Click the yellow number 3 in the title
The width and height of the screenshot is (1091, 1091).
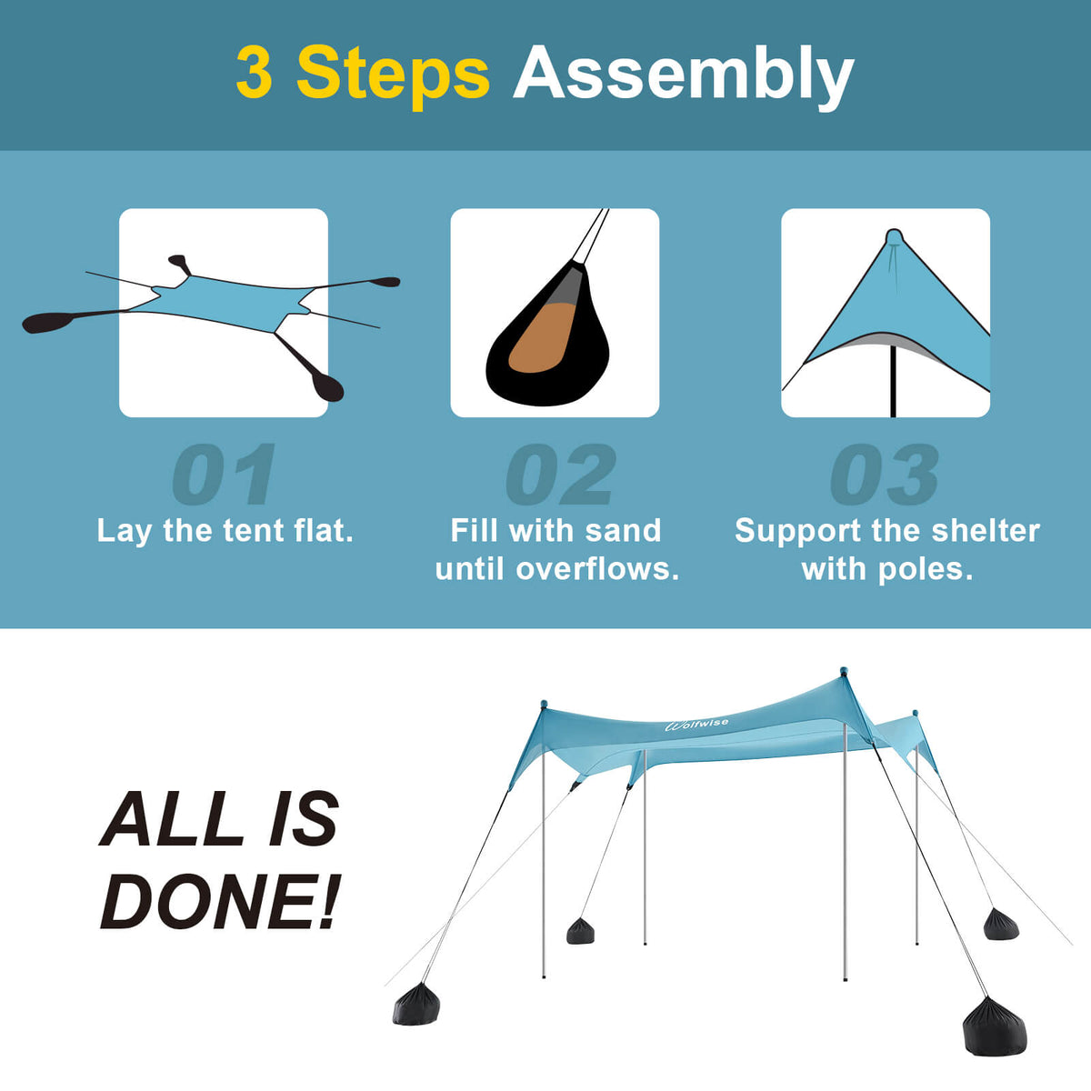click(255, 75)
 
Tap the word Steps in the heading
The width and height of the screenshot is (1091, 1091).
click(393, 75)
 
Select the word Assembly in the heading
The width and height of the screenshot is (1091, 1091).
click(683, 75)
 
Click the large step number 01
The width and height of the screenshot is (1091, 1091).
click(224, 475)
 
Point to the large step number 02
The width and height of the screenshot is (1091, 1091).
click(560, 475)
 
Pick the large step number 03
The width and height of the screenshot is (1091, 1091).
click(885, 475)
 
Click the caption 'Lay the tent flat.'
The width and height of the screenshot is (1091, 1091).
click(225, 531)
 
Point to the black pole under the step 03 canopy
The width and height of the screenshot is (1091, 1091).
click(894, 382)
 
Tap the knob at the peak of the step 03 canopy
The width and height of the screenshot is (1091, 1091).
click(894, 237)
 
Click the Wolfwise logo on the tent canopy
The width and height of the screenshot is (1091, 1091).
click(697, 724)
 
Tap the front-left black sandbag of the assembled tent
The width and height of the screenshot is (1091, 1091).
click(416, 1005)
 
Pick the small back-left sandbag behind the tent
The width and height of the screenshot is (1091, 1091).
click(580, 931)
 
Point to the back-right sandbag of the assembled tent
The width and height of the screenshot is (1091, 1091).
click(1000, 924)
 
